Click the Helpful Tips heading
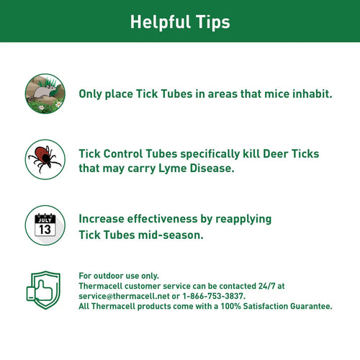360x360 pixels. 180,22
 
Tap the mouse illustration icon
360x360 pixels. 45,94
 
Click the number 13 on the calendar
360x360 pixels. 45,229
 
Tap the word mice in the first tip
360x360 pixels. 254,94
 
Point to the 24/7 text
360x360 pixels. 262,286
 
